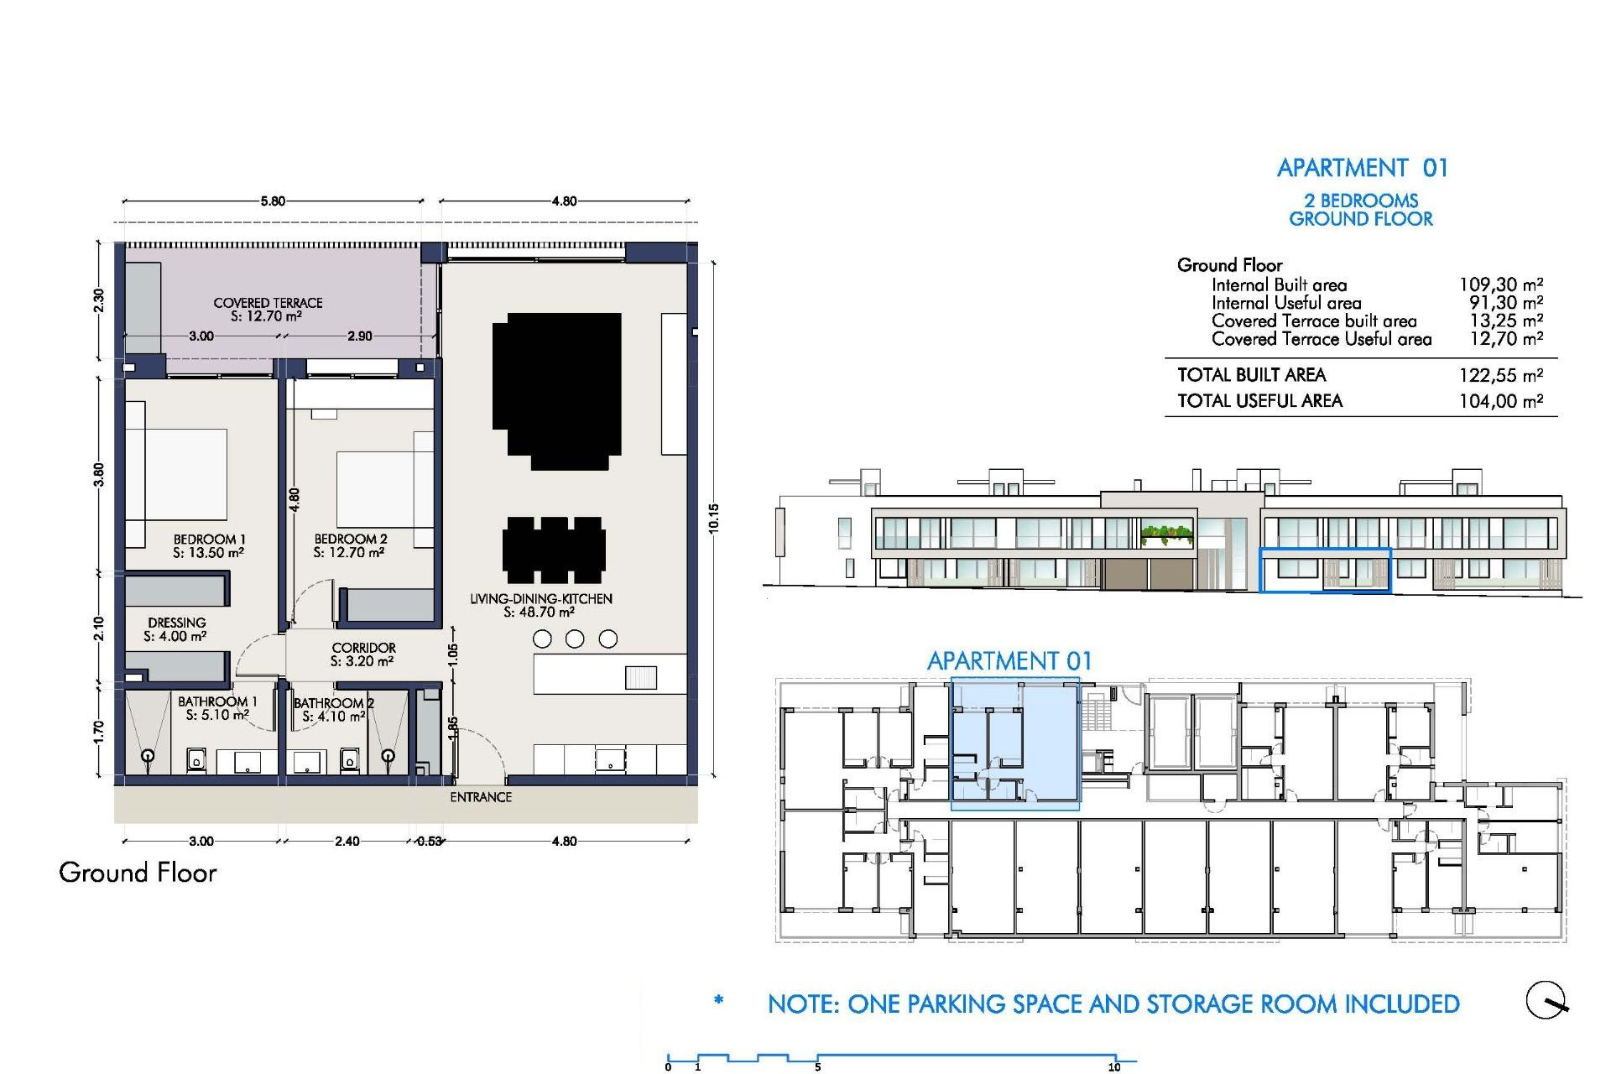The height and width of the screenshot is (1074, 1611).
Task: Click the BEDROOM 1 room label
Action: click(209, 540)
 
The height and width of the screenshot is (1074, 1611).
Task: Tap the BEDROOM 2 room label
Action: click(350, 540)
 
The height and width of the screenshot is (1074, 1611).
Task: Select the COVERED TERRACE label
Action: click(268, 303)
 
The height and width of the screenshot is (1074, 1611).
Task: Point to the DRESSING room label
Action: click(176, 623)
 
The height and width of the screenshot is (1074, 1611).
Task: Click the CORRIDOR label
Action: click(363, 648)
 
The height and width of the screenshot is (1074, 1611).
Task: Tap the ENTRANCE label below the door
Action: click(481, 797)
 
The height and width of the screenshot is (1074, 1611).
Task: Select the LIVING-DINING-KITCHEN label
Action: click(540, 599)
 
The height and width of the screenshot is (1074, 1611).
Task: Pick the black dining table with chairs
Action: click(554, 550)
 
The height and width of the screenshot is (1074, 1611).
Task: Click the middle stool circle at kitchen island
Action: click(575, 639)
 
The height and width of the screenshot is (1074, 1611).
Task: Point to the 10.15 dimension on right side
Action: click(713, 519)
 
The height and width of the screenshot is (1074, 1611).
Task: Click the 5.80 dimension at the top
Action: click(273, 201)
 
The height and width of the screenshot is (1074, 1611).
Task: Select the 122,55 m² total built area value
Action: click(1500, 375)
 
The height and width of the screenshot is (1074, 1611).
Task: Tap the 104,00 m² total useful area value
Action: click(1500, 401)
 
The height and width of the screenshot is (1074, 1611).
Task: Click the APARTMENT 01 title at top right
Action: click(1362, 168)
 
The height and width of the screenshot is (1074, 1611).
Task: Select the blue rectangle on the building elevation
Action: click(1325, 571)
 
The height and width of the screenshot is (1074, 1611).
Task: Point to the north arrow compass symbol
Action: click(1546, 1000)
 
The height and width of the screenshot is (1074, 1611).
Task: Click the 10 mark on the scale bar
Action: click(1114, 1066)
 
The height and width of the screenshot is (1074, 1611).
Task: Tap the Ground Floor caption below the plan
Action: click(138, 873)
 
